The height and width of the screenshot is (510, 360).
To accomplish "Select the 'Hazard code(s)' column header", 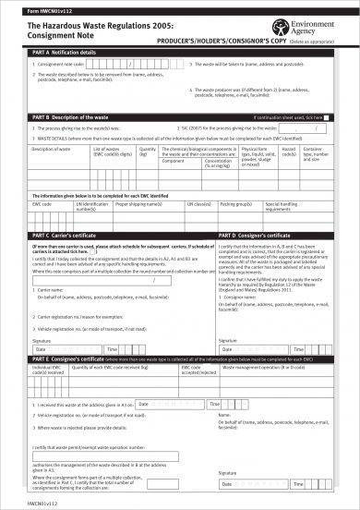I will pos(289,150).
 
